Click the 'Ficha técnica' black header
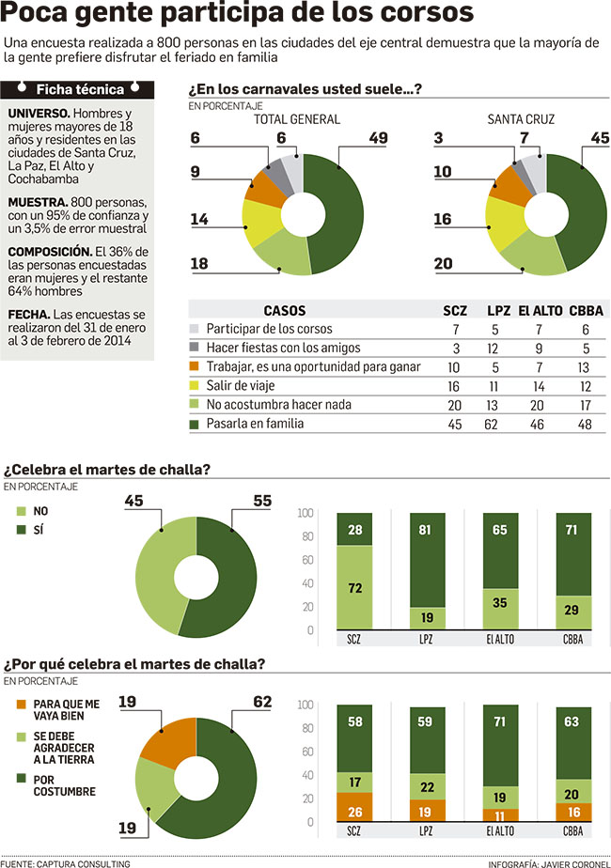[79, 90]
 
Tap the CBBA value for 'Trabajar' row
[586, 367]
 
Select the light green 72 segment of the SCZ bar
[354, 587]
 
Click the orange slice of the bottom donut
[165, 738]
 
